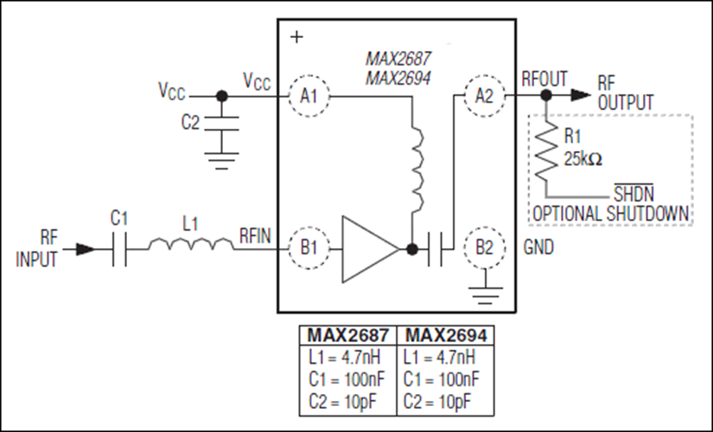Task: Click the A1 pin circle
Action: tap(307, 96)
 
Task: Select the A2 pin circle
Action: tap(484, 96)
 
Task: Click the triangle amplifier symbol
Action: tap(367, 249)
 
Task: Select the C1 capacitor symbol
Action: tap(122, 249)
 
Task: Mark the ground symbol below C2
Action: tap(222, 158)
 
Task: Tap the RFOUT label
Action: tap(544, 79)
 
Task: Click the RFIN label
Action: tap(258, 234)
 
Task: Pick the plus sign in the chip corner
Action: tap(297, 37)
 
